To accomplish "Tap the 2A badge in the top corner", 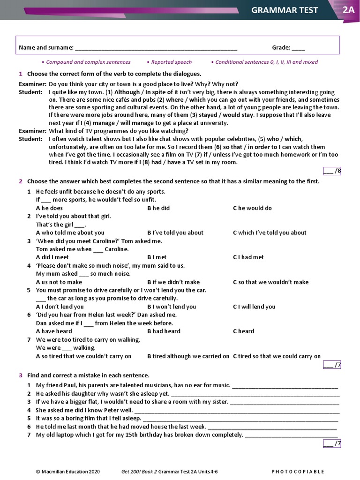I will tap(348, 10).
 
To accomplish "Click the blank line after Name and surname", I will tap(156, 48).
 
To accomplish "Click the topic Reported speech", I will tap(171, 62).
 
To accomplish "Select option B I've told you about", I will tap(175, 232).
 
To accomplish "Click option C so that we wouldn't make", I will tap(270, 282).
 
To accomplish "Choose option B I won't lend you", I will tap(172, 307).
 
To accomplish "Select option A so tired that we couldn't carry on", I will tap(83, 356).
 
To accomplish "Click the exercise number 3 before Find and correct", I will tap(21, 375).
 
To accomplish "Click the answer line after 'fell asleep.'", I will tap(240, 419).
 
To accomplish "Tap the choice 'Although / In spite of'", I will tap(143, 92).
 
